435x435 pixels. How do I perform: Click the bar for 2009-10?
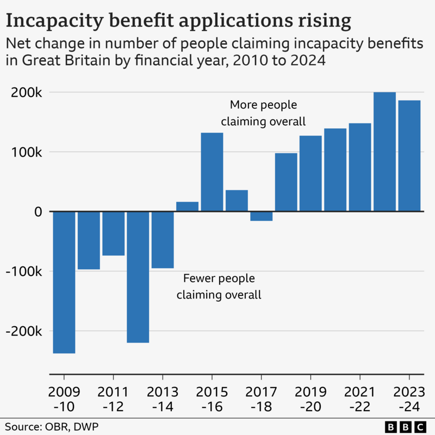(x=64, y=282)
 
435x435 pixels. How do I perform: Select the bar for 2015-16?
(x=212, y=172)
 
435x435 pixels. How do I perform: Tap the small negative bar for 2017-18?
(x=262, y=216)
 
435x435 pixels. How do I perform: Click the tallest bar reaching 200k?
(x=384, y=152)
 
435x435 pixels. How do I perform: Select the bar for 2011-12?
(x=114, y=233)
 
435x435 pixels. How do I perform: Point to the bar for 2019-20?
(x=310, y=173)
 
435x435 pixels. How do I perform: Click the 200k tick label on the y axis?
(x=27, y=92)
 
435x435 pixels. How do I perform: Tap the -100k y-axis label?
(x=23, y=271)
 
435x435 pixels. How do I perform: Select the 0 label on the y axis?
(x=38, y=212)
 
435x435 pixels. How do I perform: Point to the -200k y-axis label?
(x=23, y=331)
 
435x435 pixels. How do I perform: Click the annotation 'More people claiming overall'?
(x=263, y=113)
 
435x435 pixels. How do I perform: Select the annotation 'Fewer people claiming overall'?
(x=219, y=287)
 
